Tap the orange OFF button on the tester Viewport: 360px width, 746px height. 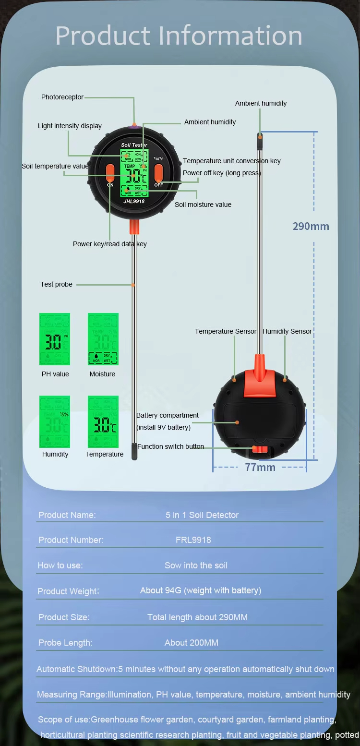click(x=158, y=173)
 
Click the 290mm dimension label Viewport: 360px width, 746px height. click(x=311, y=226)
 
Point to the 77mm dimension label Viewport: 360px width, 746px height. click(x=260, y=467)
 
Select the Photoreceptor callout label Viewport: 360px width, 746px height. click(x=62, y=97)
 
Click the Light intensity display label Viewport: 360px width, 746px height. click(x=70, y=126)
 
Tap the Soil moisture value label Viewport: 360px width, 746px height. click(x=203, y=205)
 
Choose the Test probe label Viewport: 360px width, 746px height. click(x=56, y=284)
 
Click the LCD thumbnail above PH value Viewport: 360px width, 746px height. click(x=55, y=339)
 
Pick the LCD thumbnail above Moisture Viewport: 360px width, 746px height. click(x=103, y=339)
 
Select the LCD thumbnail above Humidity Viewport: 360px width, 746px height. click(x=55, y=421)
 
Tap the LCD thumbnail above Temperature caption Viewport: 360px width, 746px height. click(x=103, y=421)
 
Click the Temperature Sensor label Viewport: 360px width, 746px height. click(x=226, y=331)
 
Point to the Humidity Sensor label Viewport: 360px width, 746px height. click(x=287, y=331)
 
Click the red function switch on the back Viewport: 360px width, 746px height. click(x=259, y=449)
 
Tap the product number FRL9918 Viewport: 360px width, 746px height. click(x=193, y=540)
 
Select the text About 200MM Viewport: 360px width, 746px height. click(x=192, y=643)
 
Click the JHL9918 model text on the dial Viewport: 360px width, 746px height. click(x=134, y=202)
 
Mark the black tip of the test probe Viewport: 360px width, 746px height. click(x=134, y=452)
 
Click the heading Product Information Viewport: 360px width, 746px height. click(x=179, y=36)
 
